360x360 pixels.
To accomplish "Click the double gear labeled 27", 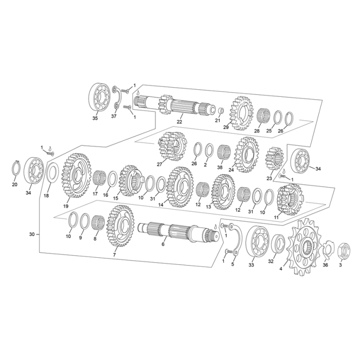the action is click(x=172, y=146).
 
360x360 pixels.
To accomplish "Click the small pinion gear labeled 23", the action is click(x=274, y=158).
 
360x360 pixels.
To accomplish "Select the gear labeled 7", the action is click(x=120, y=226).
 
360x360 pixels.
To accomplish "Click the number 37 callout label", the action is click(x=114, y=116).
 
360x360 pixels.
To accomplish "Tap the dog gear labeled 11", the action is click(x=290, y=200).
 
